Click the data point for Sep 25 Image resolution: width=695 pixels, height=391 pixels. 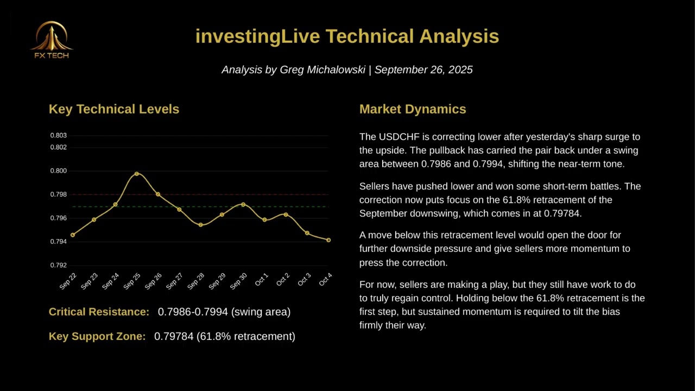click(137, 174)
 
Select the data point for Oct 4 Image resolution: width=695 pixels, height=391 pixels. click(328, 240)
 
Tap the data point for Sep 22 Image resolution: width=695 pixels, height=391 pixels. click(73, 235)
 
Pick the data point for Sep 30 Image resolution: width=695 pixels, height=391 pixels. click(243, 204)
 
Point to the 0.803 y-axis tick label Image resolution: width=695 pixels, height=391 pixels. click(58, 135)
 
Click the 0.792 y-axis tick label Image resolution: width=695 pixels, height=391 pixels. click(58, 265)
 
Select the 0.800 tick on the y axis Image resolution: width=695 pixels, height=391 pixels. click(58, 171)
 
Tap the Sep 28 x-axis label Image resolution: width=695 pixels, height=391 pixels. click(196, 281)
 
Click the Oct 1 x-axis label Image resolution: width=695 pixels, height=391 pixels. click(261, 280)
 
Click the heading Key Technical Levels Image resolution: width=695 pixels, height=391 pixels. click(114, 109)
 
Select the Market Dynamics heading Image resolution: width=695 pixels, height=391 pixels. click(413, 109)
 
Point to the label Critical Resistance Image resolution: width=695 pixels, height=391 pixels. click(99, 312)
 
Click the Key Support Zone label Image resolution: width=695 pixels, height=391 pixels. click(97, 336)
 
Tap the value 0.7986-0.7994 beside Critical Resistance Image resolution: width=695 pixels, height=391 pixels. click(193, 312)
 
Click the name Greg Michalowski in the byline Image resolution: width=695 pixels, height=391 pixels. click(322, 70)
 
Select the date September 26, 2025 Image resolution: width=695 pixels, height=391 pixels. click(424, 70)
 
